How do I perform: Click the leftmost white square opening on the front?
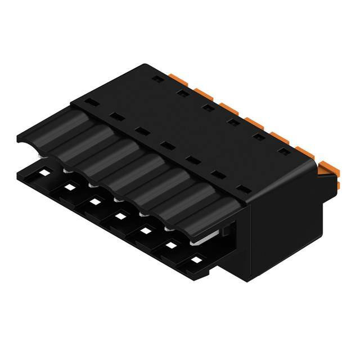point(43,172)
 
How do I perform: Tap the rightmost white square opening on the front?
point(196,260)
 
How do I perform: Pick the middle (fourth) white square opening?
point(120,215)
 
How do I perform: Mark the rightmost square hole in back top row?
point(285,151)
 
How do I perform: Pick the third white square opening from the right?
point(146,230)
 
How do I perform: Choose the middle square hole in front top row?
point(165,146)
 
